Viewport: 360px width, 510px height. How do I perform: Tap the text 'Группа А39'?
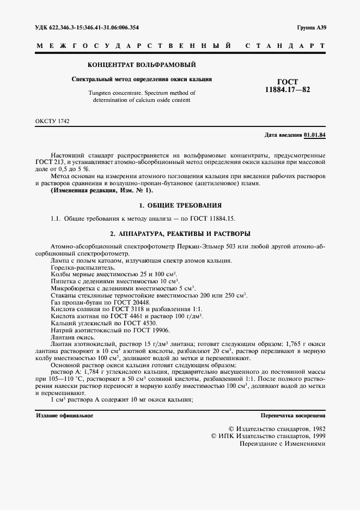tap(312, 27)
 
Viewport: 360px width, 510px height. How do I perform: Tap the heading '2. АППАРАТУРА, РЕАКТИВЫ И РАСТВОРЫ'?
tap(180, 234)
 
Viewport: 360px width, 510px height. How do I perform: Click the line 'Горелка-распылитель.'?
tap(75, 268)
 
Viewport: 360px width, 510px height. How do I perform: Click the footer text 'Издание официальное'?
tap(64, 415)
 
